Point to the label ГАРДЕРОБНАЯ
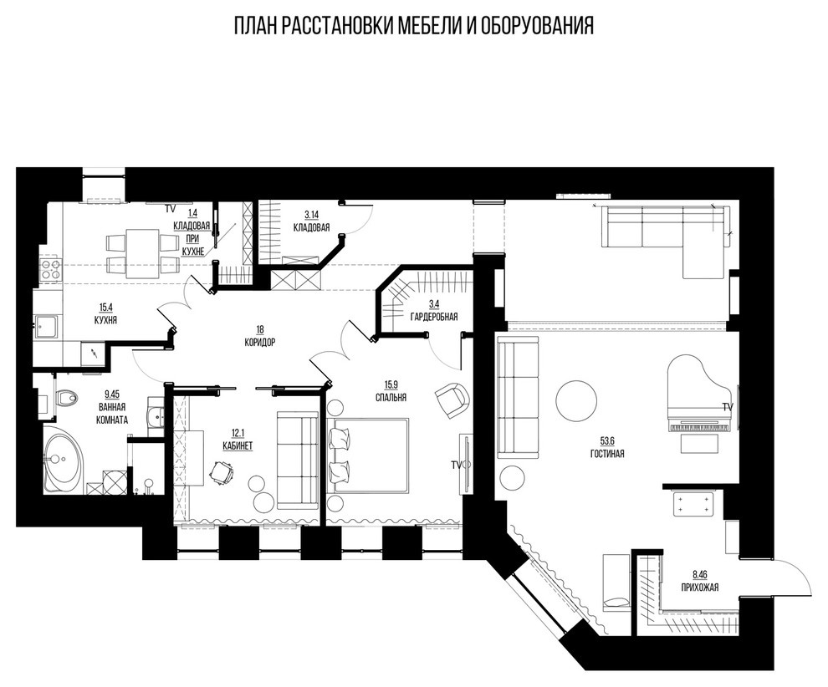click(432, 317)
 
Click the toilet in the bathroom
click(64, 400)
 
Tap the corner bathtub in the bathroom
click(60, 460)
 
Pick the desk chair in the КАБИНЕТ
click(222, 473)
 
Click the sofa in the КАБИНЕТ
click(297, 459)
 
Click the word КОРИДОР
click(260, 342)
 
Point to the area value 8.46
click(699, 574)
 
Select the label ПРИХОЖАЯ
click(699, 587)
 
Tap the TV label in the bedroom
click(456, 464)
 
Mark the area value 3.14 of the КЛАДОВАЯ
click(311, 215)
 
